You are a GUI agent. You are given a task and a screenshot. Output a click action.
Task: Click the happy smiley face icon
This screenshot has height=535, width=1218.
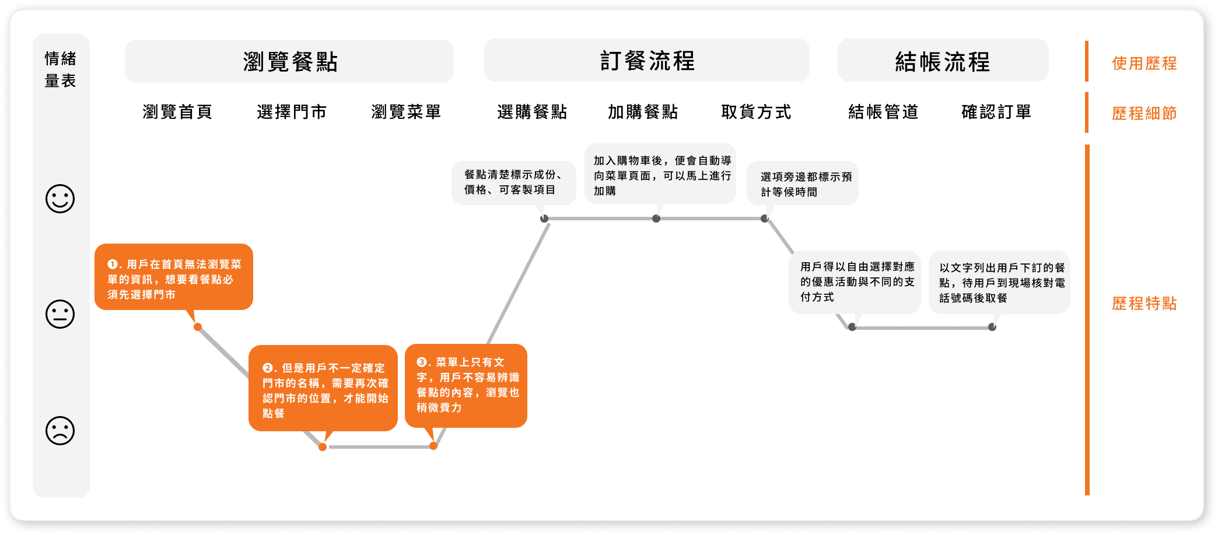pos(60,199)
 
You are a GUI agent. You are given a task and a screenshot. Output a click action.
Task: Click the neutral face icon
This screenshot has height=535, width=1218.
pos(60,314)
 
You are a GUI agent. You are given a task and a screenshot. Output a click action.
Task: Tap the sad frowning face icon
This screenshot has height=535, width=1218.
pos(60,431)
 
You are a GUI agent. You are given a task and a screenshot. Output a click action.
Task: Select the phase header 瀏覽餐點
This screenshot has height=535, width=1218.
pos(289,61)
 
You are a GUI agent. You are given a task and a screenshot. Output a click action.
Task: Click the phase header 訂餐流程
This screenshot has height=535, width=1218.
pos(647,61)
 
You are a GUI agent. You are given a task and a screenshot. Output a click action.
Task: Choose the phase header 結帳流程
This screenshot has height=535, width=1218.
pos(943,61)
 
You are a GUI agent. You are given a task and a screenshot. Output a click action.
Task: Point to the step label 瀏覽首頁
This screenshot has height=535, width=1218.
pos(177,111)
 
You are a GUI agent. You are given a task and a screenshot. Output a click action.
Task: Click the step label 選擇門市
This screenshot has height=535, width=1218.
pos(292,111)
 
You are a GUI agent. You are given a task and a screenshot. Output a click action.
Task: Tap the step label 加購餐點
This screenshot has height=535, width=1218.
pos(643,111)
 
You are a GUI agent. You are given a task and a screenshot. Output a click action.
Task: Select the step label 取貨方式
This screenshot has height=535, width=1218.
pos(756,111)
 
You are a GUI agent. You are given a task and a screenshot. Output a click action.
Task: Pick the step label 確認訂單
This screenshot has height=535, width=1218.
pos(996,111)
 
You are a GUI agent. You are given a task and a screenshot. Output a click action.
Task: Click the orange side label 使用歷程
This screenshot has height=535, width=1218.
pos(1144,63)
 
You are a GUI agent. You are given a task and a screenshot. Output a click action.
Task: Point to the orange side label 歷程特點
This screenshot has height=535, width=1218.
pos(1144,303)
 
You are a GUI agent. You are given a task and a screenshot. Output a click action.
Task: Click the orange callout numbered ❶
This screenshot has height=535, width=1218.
pos(174,277)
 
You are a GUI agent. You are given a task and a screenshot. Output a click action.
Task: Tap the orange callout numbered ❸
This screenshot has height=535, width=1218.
pos(466,385)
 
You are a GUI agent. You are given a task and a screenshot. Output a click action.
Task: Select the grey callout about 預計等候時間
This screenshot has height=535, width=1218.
pos(803,184)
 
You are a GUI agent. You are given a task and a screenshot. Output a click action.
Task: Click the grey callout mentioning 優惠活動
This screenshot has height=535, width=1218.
pos(855,282)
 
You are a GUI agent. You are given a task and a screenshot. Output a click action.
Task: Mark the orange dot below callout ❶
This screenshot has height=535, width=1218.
pos(198,327)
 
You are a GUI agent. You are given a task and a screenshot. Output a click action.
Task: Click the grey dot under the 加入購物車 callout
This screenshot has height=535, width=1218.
pos(656,219)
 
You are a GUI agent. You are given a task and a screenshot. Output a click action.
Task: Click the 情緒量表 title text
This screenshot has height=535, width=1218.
pos(61,69)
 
